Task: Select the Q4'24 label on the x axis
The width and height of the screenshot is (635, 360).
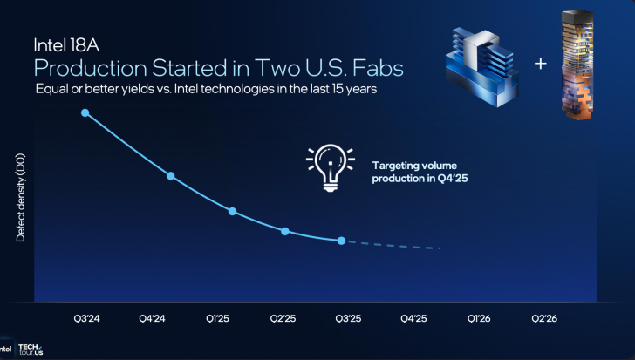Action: point(152,318)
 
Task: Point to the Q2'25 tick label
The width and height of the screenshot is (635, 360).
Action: point(283,318)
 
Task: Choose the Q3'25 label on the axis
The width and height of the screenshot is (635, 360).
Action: point(347,318)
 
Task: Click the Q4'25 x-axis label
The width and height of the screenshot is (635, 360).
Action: point(413,318)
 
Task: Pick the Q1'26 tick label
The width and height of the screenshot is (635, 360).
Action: point(478,318)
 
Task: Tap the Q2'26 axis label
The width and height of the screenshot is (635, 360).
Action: point(543,318)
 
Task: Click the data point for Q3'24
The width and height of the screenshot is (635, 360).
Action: point(85,112)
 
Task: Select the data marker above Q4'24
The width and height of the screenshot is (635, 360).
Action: point(171,176)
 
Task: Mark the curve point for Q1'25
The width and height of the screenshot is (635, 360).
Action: point(232,211)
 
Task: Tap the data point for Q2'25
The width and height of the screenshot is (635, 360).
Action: point(285,231)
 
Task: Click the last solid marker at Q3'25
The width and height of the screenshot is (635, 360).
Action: point(342,241)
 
